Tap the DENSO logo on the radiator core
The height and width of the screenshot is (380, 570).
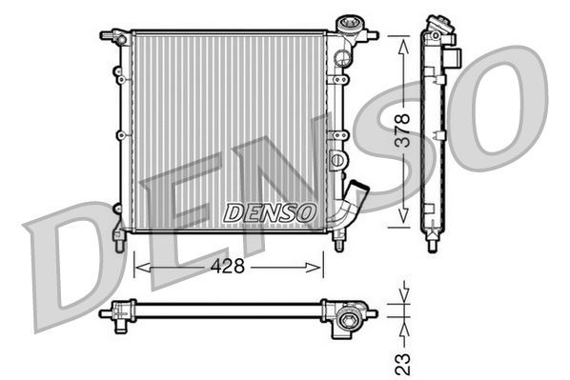[270, 213]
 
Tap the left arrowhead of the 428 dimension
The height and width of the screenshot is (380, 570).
[139, 268]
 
